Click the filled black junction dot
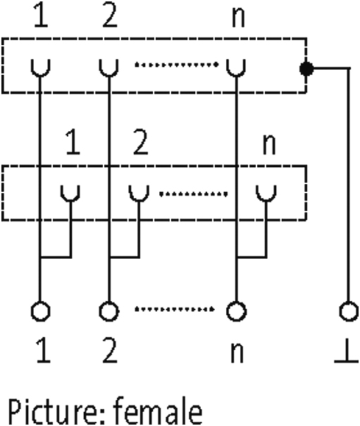pyautogui.click(x=306, y=68)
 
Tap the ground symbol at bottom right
pyautogui.click(x=347, y=351)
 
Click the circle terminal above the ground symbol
pyautogui.click(x=349, y=311)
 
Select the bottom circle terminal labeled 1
pyautogui.click(x=40, y=311)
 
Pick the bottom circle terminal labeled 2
pyautogui.click(x=108, y=311)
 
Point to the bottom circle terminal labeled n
pyautogui.click(x=236, y=311)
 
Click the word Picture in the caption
pyautogui.click(x=56, y=411)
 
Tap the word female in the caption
pyautogui.click(x=159, y=410)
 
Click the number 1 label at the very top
pyautogui.click(x=42, y=15)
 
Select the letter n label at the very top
pyautogui.click(x=238, y=18)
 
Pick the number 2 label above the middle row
pyautogui.click(x=140, y=142)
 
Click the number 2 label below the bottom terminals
pyautogui.click(x=110, y=351)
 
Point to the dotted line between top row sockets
pyautogui.click(x=177, y=65)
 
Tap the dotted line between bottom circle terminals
pyautogui.click(x=175, y=309)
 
